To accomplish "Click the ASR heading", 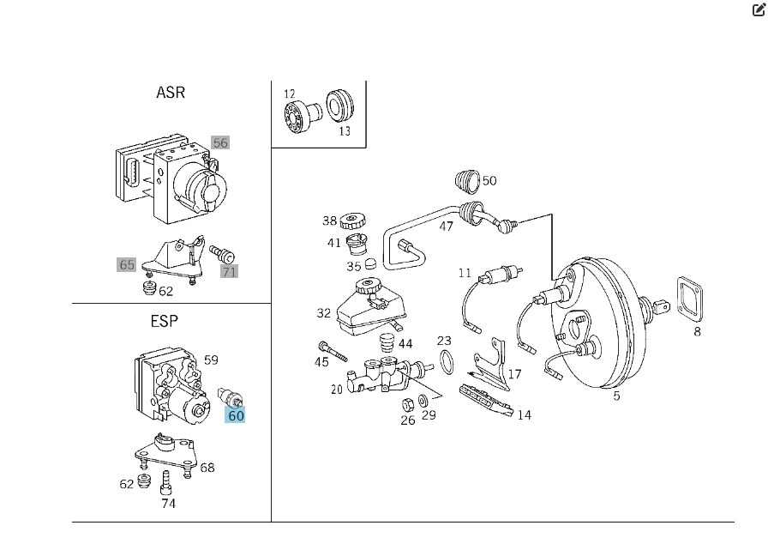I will (x=171, y=92).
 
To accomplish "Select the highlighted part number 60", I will (x=235, y=415).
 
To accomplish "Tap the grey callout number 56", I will (x=220, y=142).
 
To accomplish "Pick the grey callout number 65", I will (x=127, y=264).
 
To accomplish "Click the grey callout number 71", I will (x=229, y=271).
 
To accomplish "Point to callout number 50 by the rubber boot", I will (x=489, y=181).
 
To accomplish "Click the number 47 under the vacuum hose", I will (x=446, y=227).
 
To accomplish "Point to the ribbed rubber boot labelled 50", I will (x=467, y=183).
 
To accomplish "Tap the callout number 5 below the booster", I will (x=616, y=396).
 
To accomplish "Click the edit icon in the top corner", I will (x=758, y=10).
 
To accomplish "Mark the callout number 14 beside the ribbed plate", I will (x=524, y=414).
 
